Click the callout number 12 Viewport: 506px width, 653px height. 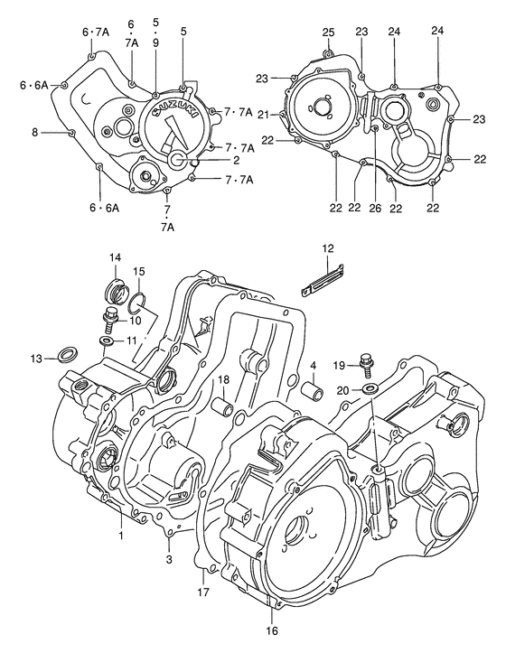[x=328, y=248]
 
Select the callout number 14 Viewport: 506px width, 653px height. [x=115, y=258]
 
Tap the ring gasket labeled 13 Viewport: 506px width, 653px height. [x=65, y=352]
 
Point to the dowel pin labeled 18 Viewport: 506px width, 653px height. [x=223, y=406]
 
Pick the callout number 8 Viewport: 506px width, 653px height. [x=35, y=133]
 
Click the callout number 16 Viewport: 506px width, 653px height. [x=272, y=630]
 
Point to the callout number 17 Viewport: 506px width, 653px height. [x=203, y=592]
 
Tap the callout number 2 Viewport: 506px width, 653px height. [x=210, y=160]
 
